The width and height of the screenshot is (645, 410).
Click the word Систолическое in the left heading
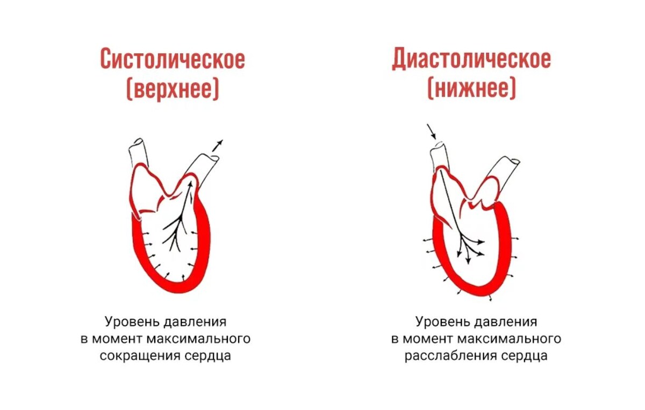[172, 59]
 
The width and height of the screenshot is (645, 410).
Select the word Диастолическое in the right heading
[471, 59]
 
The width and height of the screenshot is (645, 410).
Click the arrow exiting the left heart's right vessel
[217, 145]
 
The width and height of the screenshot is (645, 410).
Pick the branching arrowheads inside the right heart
[470, 248]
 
